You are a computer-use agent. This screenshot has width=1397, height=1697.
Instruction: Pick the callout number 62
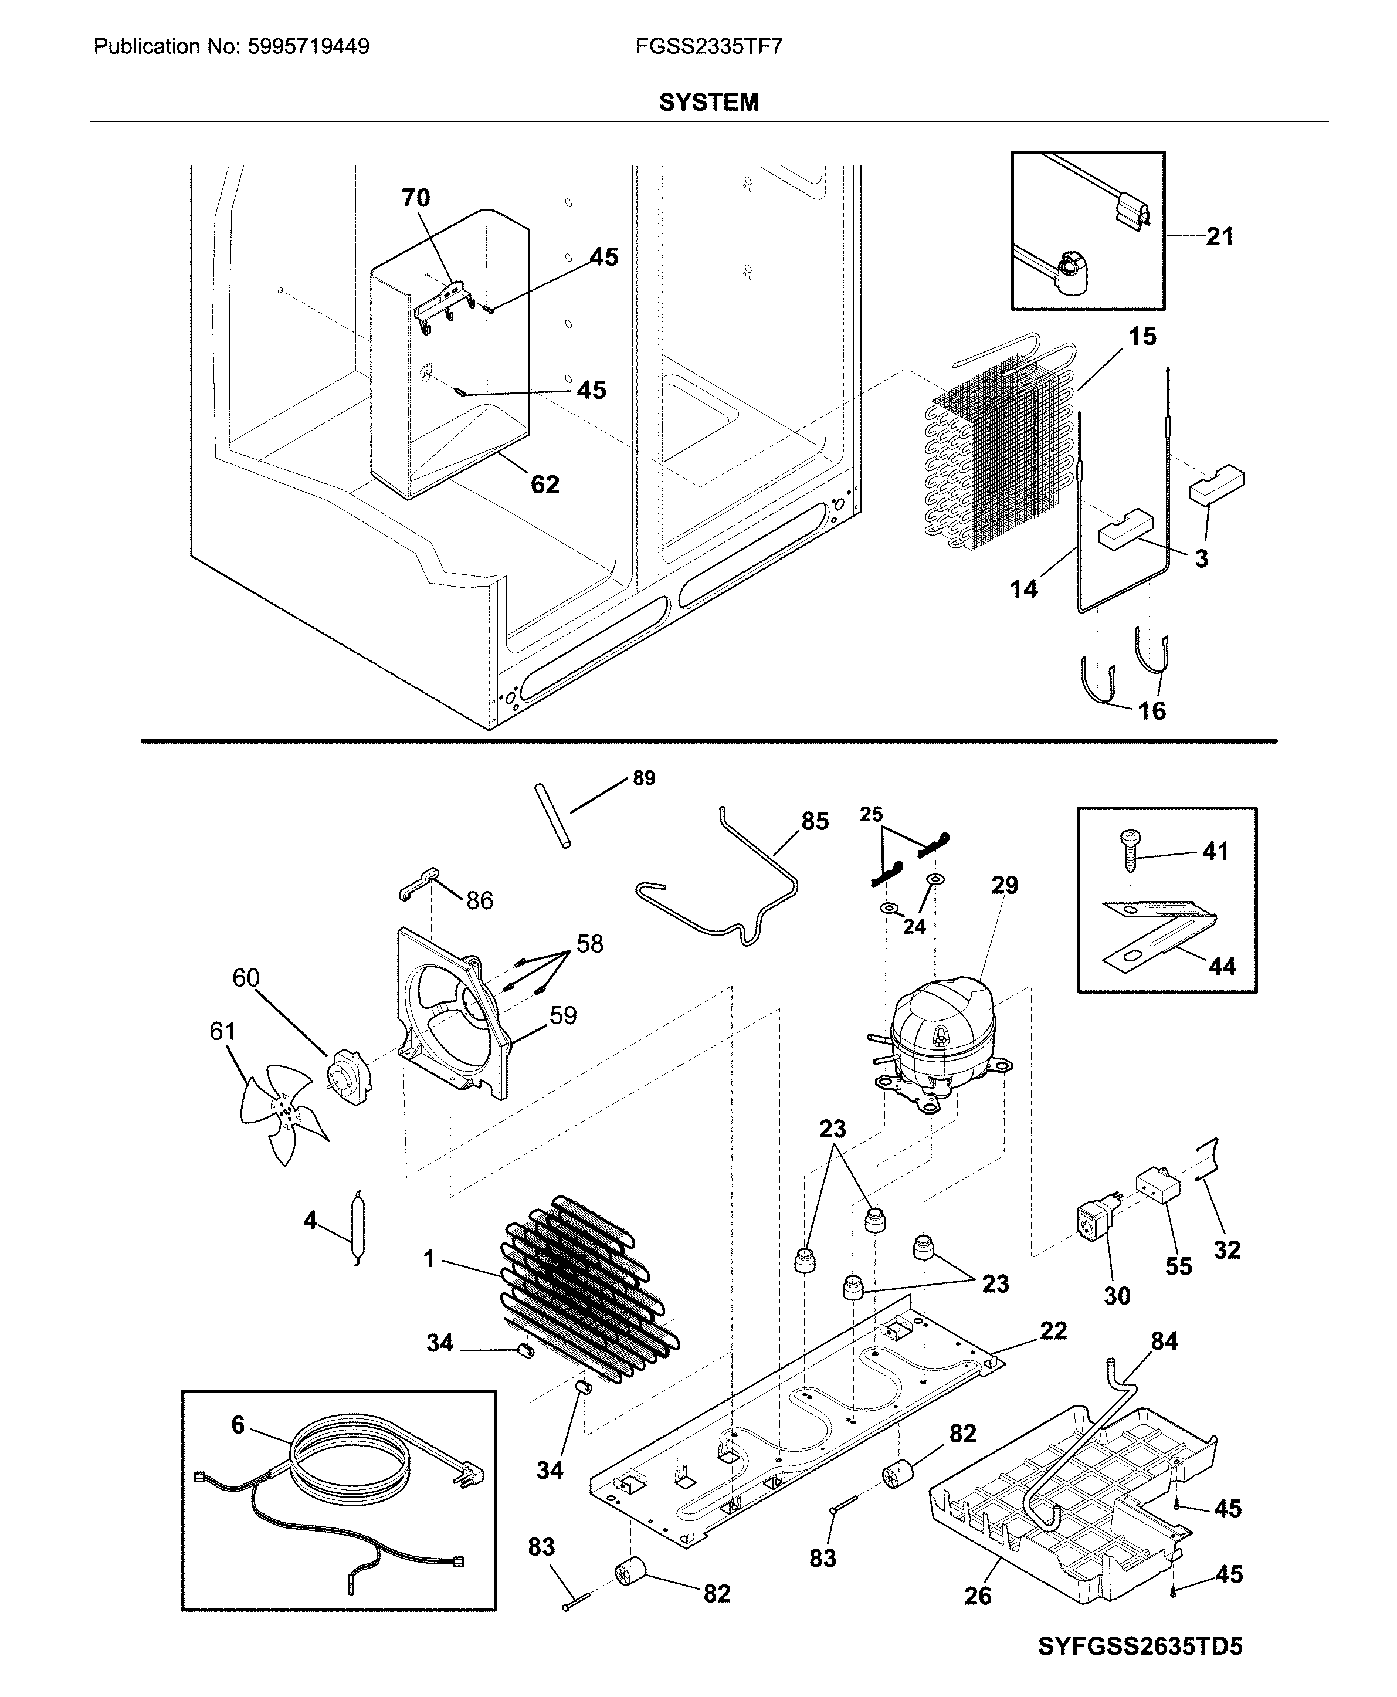545,485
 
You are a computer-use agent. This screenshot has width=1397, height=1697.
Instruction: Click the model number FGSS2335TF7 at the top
708,47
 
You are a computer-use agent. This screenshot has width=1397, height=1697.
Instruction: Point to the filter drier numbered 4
354,1228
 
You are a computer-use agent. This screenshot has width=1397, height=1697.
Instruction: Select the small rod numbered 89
554,816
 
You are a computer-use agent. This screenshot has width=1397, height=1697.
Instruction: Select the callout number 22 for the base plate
1053,1331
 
